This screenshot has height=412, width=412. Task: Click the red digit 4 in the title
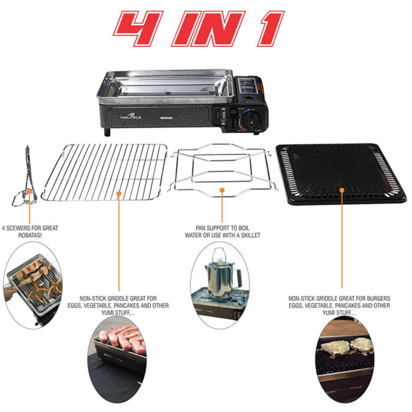click(138, 28)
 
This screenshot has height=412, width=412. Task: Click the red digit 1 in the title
click(271, 28)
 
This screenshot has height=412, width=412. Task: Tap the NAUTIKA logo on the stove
click(131, 116)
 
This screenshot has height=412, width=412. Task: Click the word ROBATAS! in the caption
click(29, 235)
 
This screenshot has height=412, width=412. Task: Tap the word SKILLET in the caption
click(251, 235)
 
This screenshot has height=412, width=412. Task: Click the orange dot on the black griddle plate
click(342, 190)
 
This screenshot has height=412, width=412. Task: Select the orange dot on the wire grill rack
click(119, 194)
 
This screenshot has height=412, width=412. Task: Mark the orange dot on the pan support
click(222, 190)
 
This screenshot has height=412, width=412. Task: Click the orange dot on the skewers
click(29, 191)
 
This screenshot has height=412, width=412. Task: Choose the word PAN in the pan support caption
click(200, 228)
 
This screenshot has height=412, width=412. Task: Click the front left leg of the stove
click(107, 132)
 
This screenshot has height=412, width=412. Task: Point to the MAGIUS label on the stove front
click(167, 118)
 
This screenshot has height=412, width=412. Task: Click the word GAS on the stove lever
click(224, 115)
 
